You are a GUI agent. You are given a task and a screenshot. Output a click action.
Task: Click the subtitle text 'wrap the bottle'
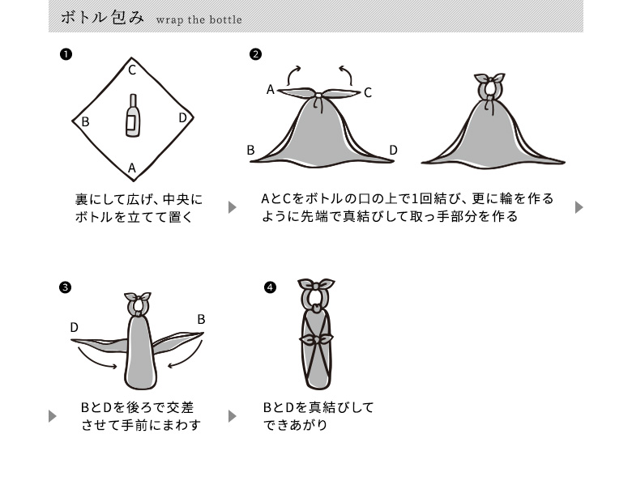click(x=199, y=19)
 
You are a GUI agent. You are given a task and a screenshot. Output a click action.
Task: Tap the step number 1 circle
click(x=66, y=54)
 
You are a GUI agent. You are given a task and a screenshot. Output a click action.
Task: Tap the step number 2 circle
click(x=256, y=54)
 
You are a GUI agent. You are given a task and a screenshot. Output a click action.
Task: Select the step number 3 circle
click(x=66, y=287)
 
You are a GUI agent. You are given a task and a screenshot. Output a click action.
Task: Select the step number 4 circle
click(x=271, y=287)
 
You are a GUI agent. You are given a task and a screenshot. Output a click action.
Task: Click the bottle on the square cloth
click(x=131, y=115)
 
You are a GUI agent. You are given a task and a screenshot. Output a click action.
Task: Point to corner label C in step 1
click(x=131, y=70)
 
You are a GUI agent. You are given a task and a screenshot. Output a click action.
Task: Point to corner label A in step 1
click(x=131, y=168)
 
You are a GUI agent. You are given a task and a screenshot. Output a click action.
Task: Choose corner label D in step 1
click(x=182, y=118)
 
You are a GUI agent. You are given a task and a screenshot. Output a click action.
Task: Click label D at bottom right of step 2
click(x=393, y=150)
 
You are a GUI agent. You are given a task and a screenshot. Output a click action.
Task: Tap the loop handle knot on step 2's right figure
click(x=489, y=83)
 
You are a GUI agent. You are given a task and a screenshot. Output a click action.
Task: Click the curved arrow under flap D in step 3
click(x=102, y=363)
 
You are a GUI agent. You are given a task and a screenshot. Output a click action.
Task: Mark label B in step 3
click(x=201, y=319)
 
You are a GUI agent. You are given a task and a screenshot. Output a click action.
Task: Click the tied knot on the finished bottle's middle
click(x=317, y=338)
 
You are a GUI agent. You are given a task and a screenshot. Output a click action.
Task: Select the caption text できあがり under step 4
click(x=296, y=424)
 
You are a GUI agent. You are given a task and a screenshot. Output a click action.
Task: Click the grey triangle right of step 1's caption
click(x=233, y=207)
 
